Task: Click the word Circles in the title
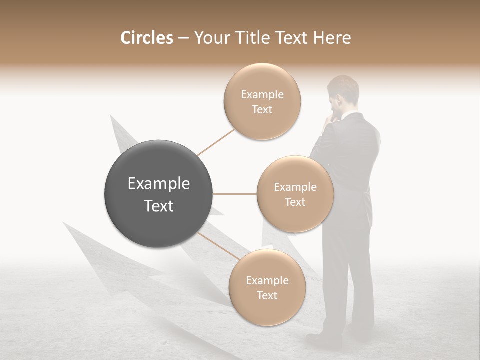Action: pyautogui.click(x=146, y=38)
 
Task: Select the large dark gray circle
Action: pyautogui.click(x=158, y=194)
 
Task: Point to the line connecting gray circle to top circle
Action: pyautogui.click(x=216, y=142)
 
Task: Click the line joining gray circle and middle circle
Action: pyautogui.click(x=235, y=194)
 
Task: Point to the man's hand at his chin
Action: pyautogui.click(x=331, y=120)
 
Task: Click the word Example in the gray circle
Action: pyautogui.click(x=158, y=184)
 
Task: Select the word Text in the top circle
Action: pyautogui.click(x=262, y=110)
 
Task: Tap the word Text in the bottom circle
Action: pyautogui.click(x=267, y=296)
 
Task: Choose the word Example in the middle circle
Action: pyautogui.click(x=295, y=187)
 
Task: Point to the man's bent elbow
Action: pyautogui.click(x=314, y=150)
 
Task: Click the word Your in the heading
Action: pyautogui.click(x=210, y=38)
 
